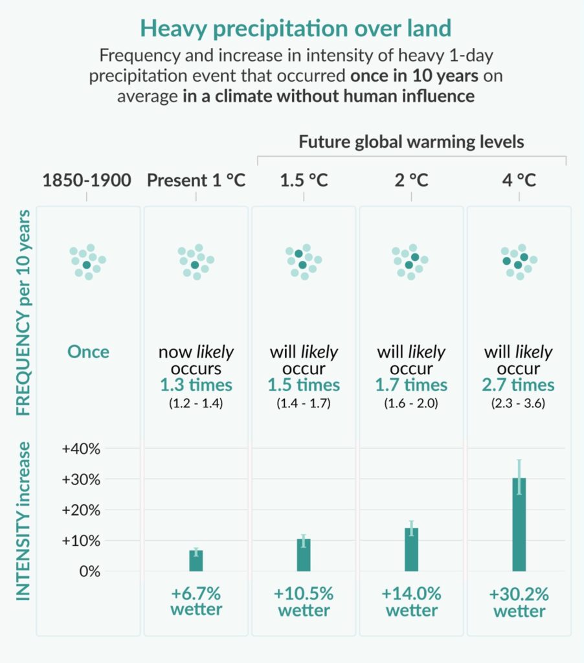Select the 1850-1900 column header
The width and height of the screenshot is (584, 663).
[x=87, y=180]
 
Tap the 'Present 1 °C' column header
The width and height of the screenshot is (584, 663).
[x=196, y=180]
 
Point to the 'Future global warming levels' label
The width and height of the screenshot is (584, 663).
[x=411, y=142]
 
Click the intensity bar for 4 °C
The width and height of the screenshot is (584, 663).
[x=519, y=524]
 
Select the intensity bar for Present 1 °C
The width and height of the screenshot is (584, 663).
[x=196, y=561]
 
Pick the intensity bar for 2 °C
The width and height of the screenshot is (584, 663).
[x=411, y=549]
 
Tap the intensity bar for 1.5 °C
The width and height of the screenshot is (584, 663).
[x=304, y=555]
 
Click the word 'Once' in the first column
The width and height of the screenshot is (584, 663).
[x=88, y=352]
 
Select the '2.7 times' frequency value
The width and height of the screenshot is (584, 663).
[x=519, y=385]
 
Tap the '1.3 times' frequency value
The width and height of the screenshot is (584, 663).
[x=196, y=385]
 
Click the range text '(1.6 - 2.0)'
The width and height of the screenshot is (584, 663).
[x=411, y=402]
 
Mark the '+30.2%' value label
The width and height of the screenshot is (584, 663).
[x=519, y=594]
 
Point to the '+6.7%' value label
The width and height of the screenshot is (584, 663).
[x=196, y=594]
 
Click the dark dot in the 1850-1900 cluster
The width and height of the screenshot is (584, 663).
[x=87, y=265]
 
